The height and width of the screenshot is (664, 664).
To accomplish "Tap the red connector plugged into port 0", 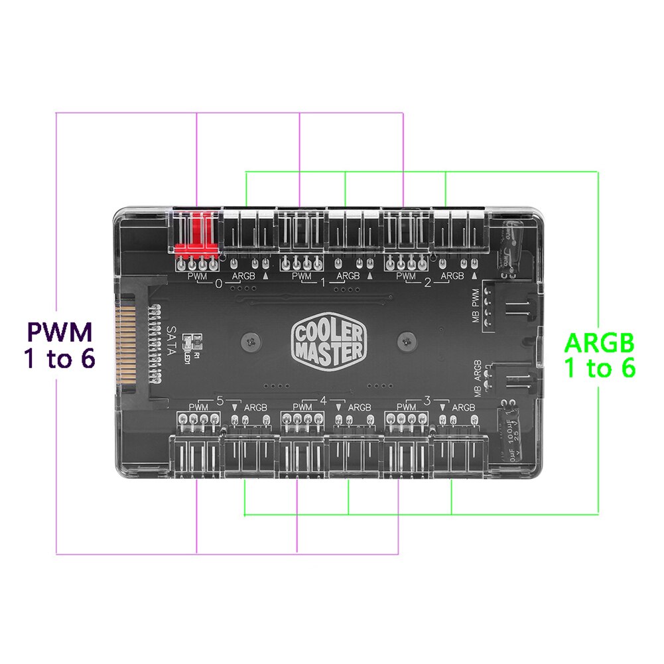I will (196, 237).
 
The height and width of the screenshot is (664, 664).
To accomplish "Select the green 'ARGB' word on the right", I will (600, 342).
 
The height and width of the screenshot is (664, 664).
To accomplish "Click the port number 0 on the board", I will (219, 283).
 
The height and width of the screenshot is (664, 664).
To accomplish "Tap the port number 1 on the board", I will (324, 283).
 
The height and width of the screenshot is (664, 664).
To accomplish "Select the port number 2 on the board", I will (427, 283).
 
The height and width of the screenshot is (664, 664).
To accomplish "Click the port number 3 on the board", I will (427, 400).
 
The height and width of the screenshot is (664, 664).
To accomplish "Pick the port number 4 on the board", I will (324, 400).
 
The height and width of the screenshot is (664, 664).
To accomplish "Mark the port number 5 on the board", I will (219, 400).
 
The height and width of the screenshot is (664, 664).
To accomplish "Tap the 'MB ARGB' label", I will (477, 376).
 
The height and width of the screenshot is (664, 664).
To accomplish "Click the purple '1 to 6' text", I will (59, 359).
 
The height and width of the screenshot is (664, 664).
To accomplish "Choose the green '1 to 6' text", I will (600, 367).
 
